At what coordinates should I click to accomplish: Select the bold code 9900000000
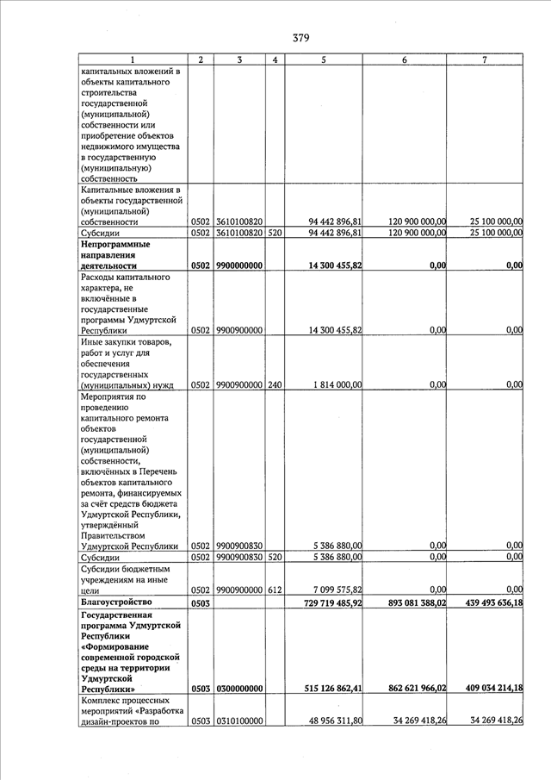pos(239,266)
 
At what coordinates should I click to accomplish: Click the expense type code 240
pos(274,384)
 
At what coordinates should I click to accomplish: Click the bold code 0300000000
pos(239,690)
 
